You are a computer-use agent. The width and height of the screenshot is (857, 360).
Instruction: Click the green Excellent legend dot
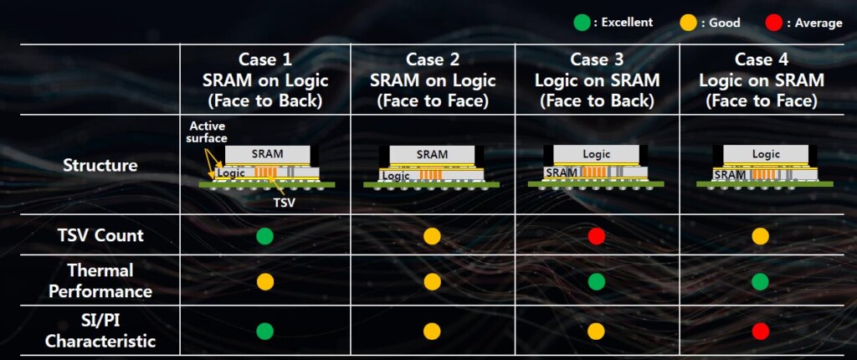point(581,23)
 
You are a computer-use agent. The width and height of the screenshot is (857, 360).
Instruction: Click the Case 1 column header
point(265,80)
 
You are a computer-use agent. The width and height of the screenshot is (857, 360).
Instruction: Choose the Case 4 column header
point(760,80)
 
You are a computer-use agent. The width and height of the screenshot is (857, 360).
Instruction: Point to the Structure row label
point(100,165)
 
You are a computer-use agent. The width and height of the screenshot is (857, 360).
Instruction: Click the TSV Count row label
point(100,235)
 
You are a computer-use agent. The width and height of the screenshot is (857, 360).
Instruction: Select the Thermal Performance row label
point(100,280)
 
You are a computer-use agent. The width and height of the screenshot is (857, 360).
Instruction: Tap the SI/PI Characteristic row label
point(100,332)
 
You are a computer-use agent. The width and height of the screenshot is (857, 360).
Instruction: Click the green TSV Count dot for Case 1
point(264,236)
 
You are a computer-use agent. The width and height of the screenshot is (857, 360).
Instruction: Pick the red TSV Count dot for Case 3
point(596,236)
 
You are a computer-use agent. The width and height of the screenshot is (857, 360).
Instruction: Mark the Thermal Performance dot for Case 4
point(760,281)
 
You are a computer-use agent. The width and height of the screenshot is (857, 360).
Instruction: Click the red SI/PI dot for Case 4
point(760,332)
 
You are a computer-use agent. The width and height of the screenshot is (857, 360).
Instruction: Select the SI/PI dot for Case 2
point(432,332)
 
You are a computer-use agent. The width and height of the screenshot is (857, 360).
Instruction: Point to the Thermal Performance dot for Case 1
point(264,281)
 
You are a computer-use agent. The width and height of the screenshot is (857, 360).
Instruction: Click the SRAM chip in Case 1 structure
point(267,154)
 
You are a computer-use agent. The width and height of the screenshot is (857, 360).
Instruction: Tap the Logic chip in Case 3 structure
point(597,154)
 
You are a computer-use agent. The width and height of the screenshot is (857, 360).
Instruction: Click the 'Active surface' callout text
point(205,132)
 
